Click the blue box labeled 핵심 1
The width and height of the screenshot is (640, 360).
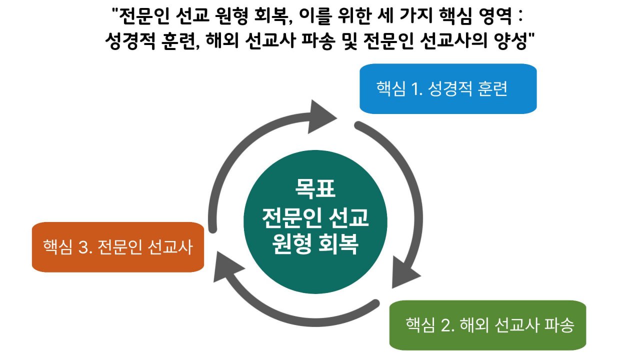(448, 88)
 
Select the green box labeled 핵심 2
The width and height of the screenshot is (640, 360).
(487, 325)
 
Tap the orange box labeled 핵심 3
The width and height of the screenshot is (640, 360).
(118, 247)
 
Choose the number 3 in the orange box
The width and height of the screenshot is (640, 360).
(82, 247)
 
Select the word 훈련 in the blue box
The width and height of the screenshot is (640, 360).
(491, 89)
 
